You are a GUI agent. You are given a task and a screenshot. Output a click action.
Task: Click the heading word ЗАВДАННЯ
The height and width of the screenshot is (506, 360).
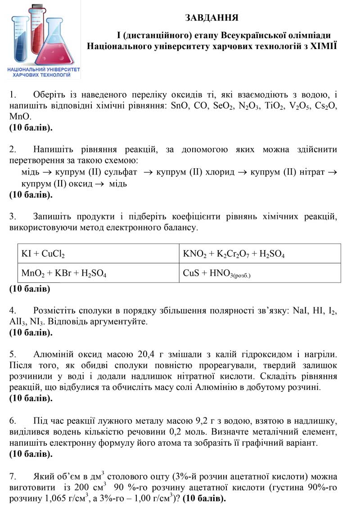coord(211,18)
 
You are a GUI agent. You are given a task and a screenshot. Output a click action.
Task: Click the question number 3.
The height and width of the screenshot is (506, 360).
coord(13,217)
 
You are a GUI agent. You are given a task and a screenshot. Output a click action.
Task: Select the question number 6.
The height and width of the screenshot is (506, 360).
coord(13,421)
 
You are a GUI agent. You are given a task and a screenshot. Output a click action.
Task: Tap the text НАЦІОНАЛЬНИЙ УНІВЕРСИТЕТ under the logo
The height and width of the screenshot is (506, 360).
coord(44,71)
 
